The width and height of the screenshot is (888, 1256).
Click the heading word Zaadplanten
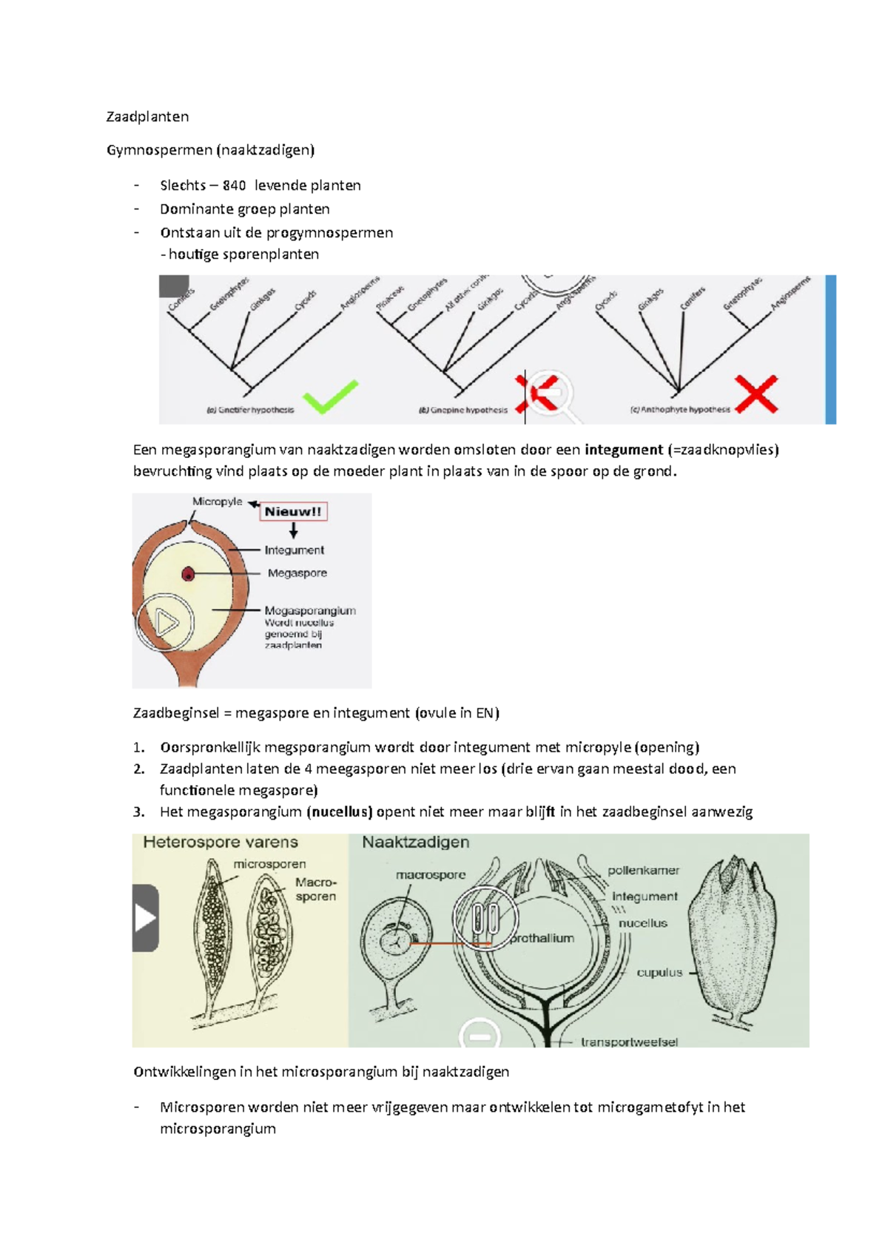[x=147, y=117]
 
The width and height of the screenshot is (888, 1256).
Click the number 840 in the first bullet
[x=234, y=186]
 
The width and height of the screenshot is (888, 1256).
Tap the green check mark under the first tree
[x=330, y=396]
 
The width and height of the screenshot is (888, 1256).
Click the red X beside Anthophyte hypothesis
[x=756, y=394]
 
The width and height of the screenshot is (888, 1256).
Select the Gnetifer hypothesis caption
[x=250, y=410]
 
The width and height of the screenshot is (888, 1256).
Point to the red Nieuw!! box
[x=293, y=512]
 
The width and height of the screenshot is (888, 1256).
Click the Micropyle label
[x=217, y=502]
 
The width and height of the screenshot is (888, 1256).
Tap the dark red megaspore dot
[x=188, y=573]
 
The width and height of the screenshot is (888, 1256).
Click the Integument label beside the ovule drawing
[x=295, y=550]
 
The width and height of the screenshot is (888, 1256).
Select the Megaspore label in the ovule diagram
[x=297, y=573]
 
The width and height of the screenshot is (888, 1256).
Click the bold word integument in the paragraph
[x=623, y=450]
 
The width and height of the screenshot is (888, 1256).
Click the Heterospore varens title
[x=221, y=843]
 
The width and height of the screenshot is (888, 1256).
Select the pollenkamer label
[x=643, y=871]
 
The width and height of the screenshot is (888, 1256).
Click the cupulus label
[x=659, y=973]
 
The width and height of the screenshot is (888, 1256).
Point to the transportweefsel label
[x=629, y=1042]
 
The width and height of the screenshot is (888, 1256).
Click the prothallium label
[x=542, y=939]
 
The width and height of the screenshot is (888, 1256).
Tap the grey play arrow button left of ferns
[x=145, y=918]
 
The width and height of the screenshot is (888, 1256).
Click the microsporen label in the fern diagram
[x=269, y=864]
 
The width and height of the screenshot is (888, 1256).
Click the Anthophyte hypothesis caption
[x=680, y=410]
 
